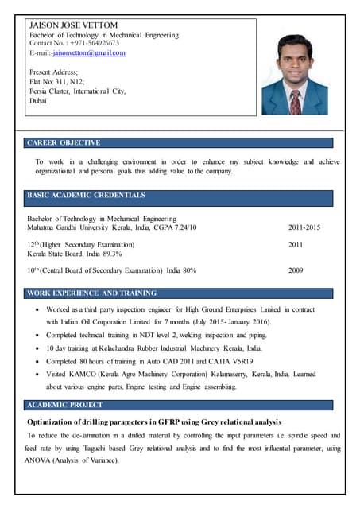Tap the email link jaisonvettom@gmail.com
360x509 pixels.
tap(89, 52)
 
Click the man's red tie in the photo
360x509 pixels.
tap(296, 100)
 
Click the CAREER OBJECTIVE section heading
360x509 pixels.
tap(64, 143)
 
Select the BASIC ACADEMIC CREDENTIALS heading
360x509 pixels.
tap(86, 195)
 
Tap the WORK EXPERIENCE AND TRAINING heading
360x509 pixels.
tap(91, 293)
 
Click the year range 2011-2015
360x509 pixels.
tap(304, 227)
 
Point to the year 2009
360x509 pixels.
tap(296, 270)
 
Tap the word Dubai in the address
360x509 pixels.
tap(37, 101)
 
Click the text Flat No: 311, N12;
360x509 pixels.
tap(56, 82)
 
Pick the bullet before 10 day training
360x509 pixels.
tap(37, 348)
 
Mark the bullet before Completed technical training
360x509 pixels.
tap(37, 336)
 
